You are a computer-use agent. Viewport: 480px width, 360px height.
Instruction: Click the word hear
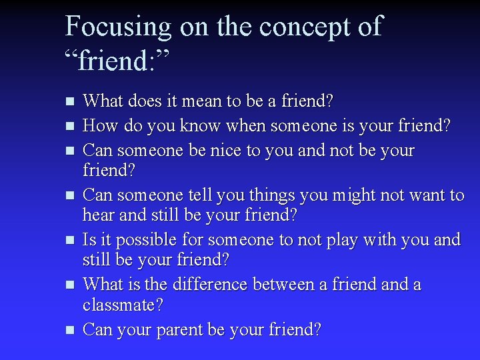click(x=97, y=216)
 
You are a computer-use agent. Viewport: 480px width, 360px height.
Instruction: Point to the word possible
click(x=140, y=239)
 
